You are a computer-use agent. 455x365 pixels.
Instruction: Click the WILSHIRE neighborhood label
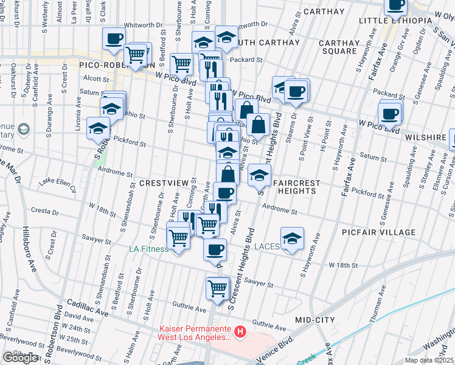click(428, 137)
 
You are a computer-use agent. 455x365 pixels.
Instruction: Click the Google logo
click(20, 358)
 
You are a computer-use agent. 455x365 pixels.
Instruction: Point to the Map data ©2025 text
click(429, 360)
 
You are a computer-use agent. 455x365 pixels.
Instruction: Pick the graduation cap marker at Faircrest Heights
click(259, 176)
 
